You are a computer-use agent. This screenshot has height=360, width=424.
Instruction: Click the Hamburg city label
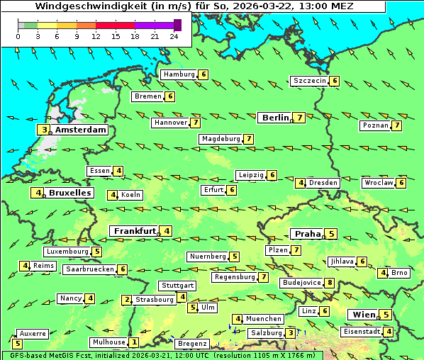(x=179, y=74)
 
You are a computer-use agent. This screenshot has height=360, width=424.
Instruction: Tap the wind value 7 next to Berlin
(x=300, y=118)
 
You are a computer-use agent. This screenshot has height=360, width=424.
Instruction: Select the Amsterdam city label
(x=80, y=130)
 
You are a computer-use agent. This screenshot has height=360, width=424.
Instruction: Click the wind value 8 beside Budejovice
(x=329, y=283)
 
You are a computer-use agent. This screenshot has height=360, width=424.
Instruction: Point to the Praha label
(x=307, y=234)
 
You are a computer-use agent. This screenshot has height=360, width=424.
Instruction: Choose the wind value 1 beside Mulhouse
(x=133, y=342)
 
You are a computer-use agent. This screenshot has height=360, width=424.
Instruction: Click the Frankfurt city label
(x=135, y=231)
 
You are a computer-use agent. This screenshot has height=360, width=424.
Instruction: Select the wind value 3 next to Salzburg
(x=291, y=333)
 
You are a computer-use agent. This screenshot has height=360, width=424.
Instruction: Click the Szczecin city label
(x=309, y=81)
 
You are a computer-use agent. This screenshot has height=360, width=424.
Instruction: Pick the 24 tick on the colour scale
(x=174, y=35)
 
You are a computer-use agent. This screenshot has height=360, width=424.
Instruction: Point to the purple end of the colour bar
(x=177, y=25)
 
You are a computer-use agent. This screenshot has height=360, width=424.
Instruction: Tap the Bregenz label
(x=191, y=344)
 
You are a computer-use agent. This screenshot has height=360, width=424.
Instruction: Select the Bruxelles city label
(x=69, y=193)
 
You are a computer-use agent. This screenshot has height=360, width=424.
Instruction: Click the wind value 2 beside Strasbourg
(x=127, y=300)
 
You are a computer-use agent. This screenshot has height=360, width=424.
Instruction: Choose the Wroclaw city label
(x=378, y=183)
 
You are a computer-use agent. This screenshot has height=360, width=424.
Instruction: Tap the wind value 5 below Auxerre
(x=17, y=344)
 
